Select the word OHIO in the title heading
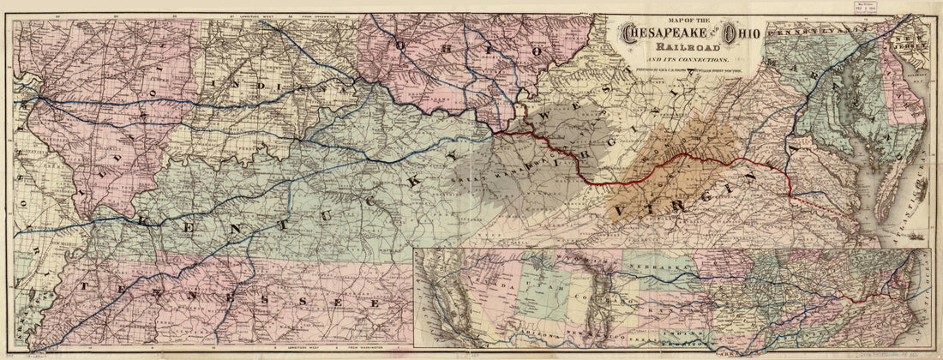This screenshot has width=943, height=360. pyautogui.click(x=741, y=34)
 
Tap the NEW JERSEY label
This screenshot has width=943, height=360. pyautogui.click(x=916, y=39)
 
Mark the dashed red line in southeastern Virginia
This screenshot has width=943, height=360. pyautogui.click(x=823, y=211)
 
